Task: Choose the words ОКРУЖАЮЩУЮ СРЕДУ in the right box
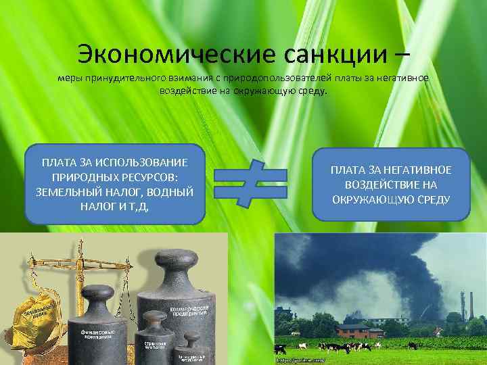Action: coord(391,199)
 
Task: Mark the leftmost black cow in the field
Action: coord(279,349)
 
